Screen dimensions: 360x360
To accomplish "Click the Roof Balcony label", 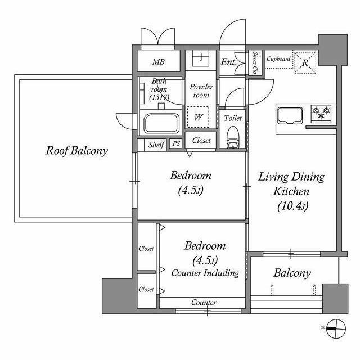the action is pos(76,151).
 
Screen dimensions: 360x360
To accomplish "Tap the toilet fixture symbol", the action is pos(233,138).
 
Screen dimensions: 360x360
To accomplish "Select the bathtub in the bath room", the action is pos(161,123).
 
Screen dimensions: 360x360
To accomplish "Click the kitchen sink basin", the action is pos(290,116).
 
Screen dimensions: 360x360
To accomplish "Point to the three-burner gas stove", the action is pos(321,113).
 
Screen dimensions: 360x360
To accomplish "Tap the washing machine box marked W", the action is pos(198,117).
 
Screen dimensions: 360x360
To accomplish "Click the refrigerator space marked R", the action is pos(305,62).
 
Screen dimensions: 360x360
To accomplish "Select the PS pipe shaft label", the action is pos(176,144).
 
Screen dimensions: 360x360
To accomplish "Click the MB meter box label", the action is pos(159,62).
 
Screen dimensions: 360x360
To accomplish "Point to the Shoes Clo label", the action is pos(255,62).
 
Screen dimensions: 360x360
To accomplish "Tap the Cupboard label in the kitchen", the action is pos(278,59).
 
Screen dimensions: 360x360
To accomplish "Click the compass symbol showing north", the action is pos(336,328).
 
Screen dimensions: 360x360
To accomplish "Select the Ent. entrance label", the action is pos(229,62).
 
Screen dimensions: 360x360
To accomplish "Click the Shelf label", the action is pos(156,145).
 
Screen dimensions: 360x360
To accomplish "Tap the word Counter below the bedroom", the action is pos(204,303).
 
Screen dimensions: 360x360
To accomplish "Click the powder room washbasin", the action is pos(201,58).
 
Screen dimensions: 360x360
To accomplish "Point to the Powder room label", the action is pos(201,91).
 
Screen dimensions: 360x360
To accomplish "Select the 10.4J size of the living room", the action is pos(292,206).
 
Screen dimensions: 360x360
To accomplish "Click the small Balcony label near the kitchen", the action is pos(292,273).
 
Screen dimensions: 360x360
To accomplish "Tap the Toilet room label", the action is pos(233,118).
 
